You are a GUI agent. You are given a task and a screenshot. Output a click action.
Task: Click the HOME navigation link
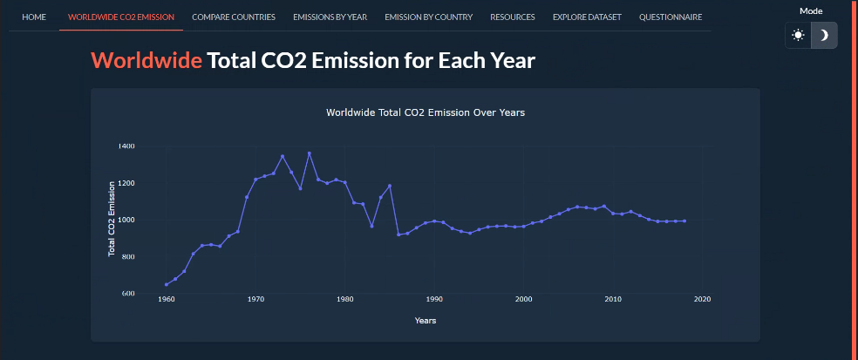tap(34, 17)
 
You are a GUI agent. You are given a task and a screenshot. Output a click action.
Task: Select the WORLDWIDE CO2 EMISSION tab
tap(120, 17)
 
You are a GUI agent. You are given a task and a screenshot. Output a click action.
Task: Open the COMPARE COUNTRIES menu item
tap(233, 17)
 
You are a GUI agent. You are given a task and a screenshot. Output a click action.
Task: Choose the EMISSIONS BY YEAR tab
tap(330, 17)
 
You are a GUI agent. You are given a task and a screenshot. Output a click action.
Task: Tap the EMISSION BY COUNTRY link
tap(428, 17)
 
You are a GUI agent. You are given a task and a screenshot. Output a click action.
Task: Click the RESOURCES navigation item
tap(513, 17)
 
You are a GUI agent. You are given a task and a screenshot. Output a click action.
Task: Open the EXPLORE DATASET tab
tap(587, 17)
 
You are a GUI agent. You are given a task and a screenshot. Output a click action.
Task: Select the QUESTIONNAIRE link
tap(671, 17)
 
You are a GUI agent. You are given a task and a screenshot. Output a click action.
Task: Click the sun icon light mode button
tap(798, 36)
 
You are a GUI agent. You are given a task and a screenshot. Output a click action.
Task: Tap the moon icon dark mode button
tap(824, 36)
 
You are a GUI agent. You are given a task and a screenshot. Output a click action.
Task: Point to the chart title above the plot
tap(425, 112)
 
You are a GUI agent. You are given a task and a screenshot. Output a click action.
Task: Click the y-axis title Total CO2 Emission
tap(112, 218)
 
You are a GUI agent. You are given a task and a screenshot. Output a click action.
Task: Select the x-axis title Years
tap(426, 321)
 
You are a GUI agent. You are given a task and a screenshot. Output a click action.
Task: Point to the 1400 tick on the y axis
tap(127, 146)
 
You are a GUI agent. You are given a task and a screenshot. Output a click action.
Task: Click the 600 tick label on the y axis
tap(129, 294)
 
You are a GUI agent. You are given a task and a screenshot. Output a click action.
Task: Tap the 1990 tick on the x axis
tap(434, 300)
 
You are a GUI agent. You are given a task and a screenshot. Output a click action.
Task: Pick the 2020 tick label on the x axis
tap(703, 300)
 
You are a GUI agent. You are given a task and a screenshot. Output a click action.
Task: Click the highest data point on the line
tap(309, 153)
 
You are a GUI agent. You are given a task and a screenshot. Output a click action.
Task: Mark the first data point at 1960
tap(167, 284)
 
